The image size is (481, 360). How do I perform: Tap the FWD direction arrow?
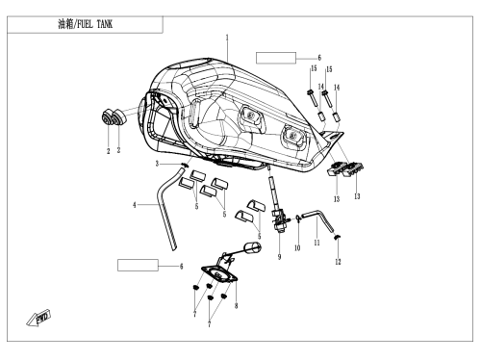[38, 318]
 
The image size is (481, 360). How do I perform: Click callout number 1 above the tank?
[227, 38]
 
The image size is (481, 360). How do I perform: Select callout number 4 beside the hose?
[135, 205]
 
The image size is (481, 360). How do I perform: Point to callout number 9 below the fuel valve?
[279, 257]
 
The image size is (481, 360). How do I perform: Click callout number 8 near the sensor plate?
[236, 305]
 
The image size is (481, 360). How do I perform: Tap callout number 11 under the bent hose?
[316, 243]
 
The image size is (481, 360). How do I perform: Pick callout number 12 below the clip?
[338, 262]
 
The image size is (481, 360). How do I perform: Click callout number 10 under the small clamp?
[297, 247]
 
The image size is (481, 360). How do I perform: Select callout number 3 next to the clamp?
[157, 164]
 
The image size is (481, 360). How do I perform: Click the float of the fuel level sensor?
[253, 247]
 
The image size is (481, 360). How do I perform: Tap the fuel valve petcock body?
[279, 219]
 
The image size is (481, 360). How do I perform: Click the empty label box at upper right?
[276, 58]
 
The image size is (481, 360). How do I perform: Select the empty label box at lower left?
[138, 266]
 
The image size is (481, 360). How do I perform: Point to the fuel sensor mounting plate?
[219, 274]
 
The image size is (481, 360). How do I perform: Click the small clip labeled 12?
[338, 237]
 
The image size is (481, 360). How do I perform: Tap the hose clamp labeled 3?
[184, 166]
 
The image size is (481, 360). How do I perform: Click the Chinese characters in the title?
[65, 24]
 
